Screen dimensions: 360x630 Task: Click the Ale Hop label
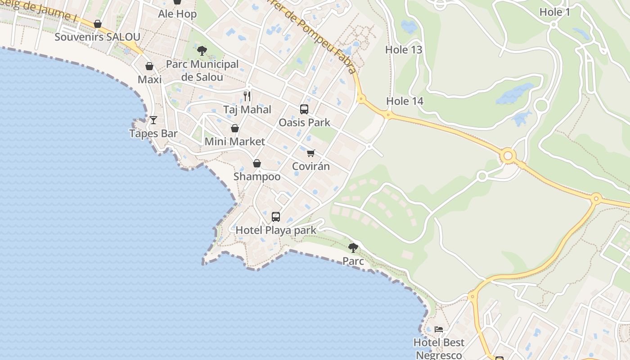pos(177,14)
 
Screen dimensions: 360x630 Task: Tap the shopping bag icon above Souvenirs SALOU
pos(98,24)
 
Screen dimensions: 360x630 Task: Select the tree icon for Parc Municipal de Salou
pos(202,50)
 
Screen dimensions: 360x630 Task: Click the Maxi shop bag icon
pos(149,67)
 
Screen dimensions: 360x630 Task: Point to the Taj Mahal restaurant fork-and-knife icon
pos(247,96)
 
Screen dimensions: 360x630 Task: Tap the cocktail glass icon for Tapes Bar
pos(153,120)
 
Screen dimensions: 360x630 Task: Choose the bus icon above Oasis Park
pos(304,109)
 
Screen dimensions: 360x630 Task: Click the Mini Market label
pos(235,141)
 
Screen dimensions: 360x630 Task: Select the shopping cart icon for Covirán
pos(311,153)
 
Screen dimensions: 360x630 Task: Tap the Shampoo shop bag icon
pos(257,163)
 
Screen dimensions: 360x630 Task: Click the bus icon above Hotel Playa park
pos(276,217)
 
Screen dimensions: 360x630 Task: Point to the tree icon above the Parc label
pos(353,247)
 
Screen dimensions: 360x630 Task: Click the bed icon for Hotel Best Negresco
pos(439,329)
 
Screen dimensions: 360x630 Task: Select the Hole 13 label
pos(404,49)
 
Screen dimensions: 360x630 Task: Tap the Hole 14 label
pos(405,101)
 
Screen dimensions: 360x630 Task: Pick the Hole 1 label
pos(554,12)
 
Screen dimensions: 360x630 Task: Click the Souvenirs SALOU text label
pos(98,37)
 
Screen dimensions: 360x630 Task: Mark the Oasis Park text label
pos(304,122)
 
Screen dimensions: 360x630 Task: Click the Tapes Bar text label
pos(153,133)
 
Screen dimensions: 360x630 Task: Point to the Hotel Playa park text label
pos(276,230)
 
